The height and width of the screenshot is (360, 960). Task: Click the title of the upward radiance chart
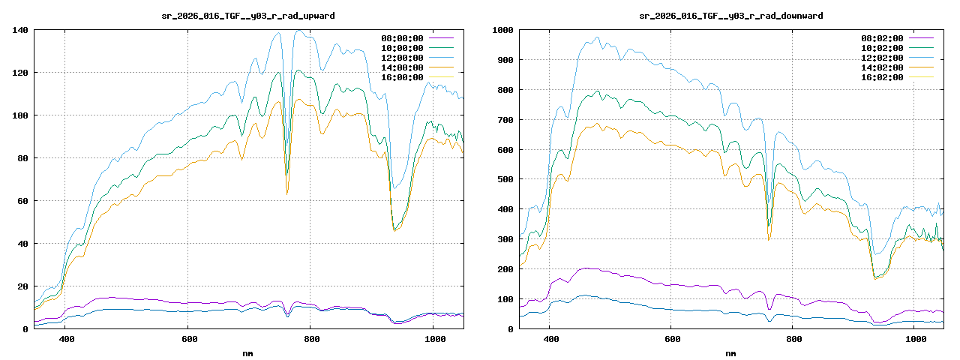click(248, 16)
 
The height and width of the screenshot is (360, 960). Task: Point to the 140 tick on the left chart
click(20, 30)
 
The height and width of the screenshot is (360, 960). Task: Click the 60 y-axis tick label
click(22, 201)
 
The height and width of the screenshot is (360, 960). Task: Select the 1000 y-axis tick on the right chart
click(501, 30)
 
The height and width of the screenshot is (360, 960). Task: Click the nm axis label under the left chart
click(248, 352)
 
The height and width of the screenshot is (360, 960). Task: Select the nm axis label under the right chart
click(730, 352)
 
